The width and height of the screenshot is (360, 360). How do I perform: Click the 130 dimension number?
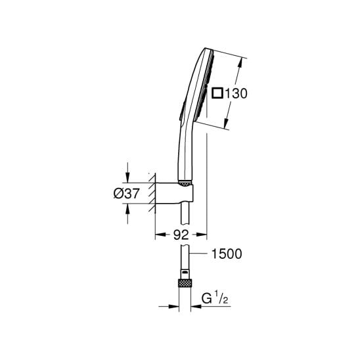(236, 93)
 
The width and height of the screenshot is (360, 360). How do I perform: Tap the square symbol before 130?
(217, 93)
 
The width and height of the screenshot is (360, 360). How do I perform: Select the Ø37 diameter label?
(126, 193)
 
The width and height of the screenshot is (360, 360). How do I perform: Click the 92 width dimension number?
(181, 235)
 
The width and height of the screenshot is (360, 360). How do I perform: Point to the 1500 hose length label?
(227, 254)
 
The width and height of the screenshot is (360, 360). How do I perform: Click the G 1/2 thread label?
(215, 299)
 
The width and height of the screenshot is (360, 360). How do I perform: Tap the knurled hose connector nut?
(185, 283)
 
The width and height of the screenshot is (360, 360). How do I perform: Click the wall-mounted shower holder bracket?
(174, 193)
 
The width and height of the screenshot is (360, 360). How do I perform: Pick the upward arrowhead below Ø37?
(127, 209)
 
